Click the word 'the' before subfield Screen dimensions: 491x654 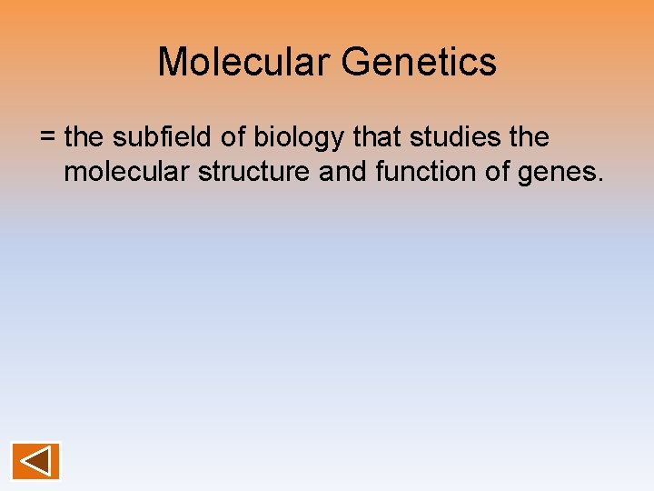(x=84, y=137)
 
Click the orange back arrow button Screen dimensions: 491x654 (x=35, y=461)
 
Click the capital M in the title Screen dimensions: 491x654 (x=173, y=62)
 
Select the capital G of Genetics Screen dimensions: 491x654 (x=357, y=62)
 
